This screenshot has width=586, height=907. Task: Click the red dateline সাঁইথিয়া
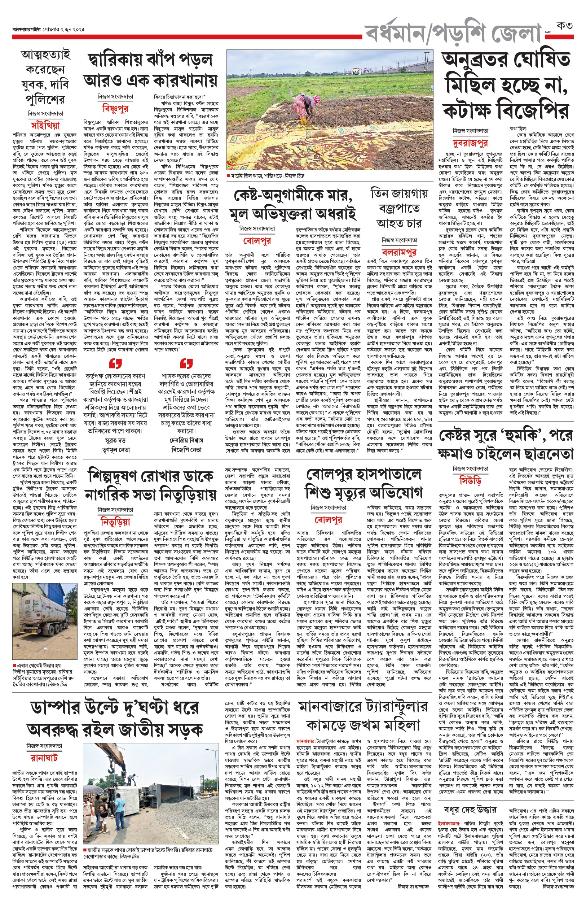[x=45, y=125]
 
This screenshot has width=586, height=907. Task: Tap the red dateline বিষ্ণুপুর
[x=115, y=109]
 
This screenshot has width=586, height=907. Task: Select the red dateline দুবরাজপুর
[x=470, y=143]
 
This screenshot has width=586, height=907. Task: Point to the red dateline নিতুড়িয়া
[x=115, y=521]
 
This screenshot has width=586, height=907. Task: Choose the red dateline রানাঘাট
[x=44, y=758]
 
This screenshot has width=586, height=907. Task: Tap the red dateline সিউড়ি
[x=470, y=480]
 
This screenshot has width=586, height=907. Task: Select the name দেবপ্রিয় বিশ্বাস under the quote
[x=186, y=440]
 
